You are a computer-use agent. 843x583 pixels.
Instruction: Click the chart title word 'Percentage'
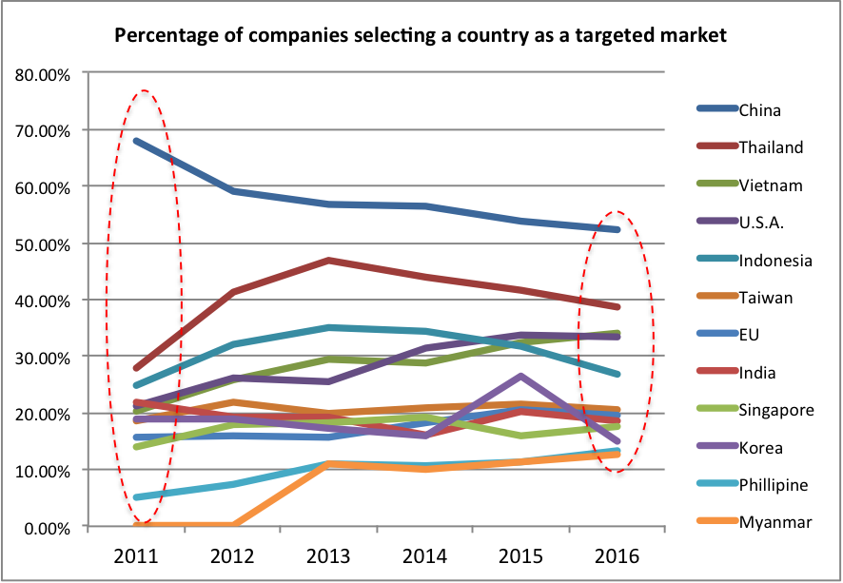(161, 37)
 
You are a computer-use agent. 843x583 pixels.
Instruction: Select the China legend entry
(759, 110)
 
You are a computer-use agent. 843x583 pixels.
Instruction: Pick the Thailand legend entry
(771, 147)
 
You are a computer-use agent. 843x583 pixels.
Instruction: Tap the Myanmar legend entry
(772, 522)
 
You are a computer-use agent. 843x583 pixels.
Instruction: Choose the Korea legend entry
(761, 447)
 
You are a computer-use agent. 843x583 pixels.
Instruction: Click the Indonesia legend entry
(775, 261)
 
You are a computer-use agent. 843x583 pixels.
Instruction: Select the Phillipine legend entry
(774, 485)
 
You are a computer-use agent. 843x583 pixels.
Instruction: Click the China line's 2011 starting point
(137, 141)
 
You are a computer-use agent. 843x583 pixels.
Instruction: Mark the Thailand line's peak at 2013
(329, 260)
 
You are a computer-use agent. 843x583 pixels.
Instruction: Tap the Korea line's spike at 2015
(521, 376)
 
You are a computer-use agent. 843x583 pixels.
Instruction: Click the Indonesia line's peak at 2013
(329, 327)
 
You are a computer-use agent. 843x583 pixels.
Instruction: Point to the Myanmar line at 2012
(233, 525)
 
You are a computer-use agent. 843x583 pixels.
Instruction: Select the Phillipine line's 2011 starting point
(137, 496)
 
